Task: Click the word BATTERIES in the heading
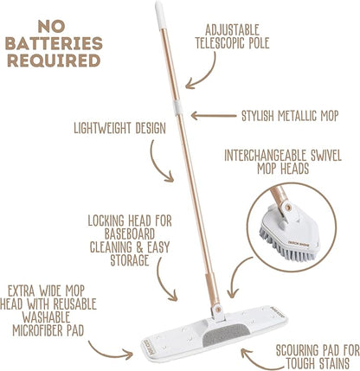[54, 43]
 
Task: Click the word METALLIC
[297, 116]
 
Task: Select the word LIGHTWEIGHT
[103, 128]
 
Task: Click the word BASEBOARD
[130, 234]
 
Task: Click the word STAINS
[334, 363]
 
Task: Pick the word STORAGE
[130, 260]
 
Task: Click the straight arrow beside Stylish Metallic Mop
[214, 116]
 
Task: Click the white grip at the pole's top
[160, 15]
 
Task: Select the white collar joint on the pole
[177, 108]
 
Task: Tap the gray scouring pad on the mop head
[226, 336]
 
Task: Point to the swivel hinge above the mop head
[218, 311]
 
